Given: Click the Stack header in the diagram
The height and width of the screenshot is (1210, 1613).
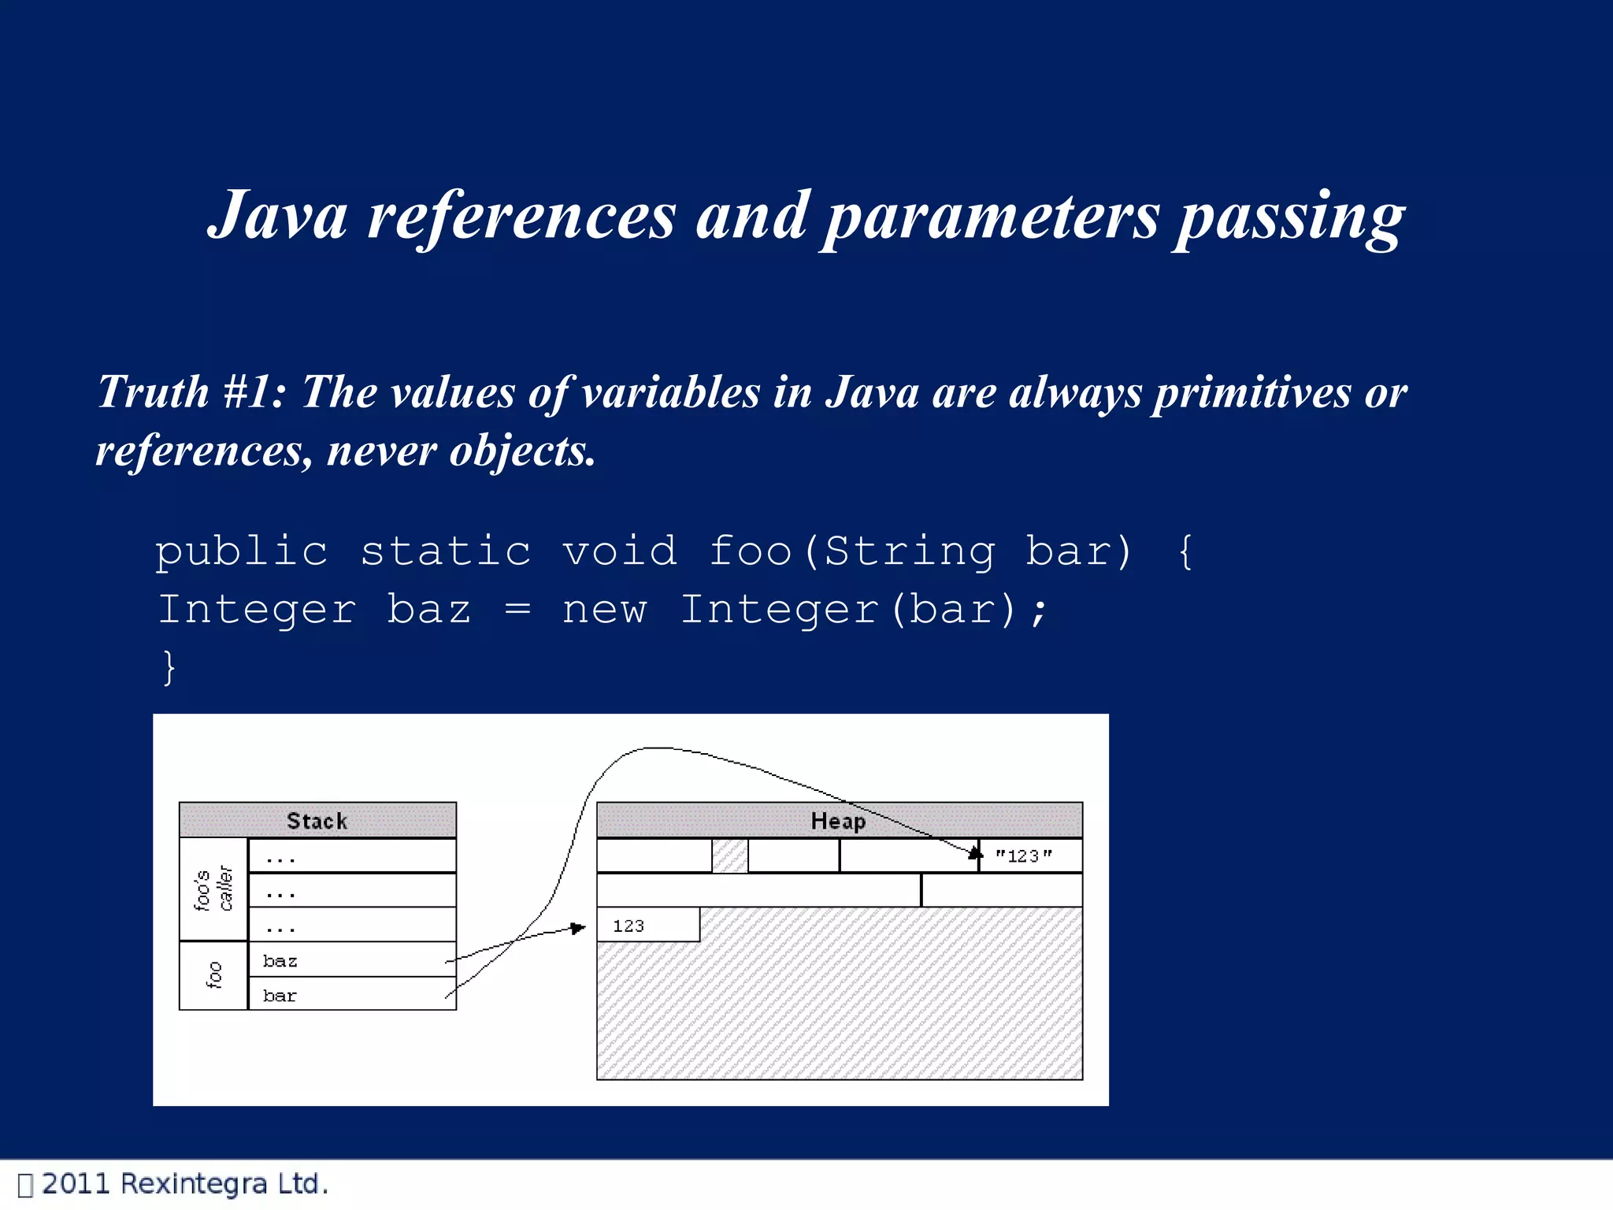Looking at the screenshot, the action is pyautogui.click(x=317, y=821).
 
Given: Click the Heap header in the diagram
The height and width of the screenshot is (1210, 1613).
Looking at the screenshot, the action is pyautogui.click(x=839, y=821).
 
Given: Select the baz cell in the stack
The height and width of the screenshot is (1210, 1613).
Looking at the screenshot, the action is pyautogui.click(x=351, y=960).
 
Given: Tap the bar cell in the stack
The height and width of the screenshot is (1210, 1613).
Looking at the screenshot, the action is pyautogui.click(x=351, y=995).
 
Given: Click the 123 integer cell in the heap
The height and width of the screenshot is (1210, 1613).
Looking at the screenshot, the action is pyautogui.click(x=647, y=926).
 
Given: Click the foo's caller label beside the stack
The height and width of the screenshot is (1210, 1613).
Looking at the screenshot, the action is pyautogui.click(x=213, y=889).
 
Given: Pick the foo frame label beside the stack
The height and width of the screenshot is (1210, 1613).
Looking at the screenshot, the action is pyautogui.click(x=213, y=975).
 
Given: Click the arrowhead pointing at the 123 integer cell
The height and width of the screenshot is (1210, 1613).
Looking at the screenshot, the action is pyautogui.click(x=579, y=929).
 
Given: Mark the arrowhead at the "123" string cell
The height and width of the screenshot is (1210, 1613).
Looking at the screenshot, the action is pyautogui.click(x=976, y=853).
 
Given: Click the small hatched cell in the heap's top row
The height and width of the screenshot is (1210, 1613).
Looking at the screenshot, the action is pyautogui.click(x=729, y=856).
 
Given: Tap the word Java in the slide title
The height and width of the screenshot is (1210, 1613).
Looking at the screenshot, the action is pyautogui.click(x=278, y=216).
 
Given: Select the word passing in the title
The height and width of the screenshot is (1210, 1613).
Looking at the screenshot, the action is pyautogui.click(x=1290, y=217).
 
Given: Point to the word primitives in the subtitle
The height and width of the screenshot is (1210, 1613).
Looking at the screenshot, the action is pyautogui.click(x=1252, y=393).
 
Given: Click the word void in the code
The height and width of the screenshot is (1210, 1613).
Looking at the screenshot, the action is pyautogui.click(x=620, y=551).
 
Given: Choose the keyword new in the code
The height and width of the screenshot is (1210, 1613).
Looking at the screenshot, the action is pyautogui.click(x=604, y=610).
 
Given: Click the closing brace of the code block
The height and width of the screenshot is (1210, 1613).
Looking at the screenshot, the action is pyautogui.click(x=169, y=668).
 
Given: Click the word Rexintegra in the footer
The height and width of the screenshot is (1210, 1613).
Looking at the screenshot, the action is pyautogui.click(x=194, y=1184).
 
